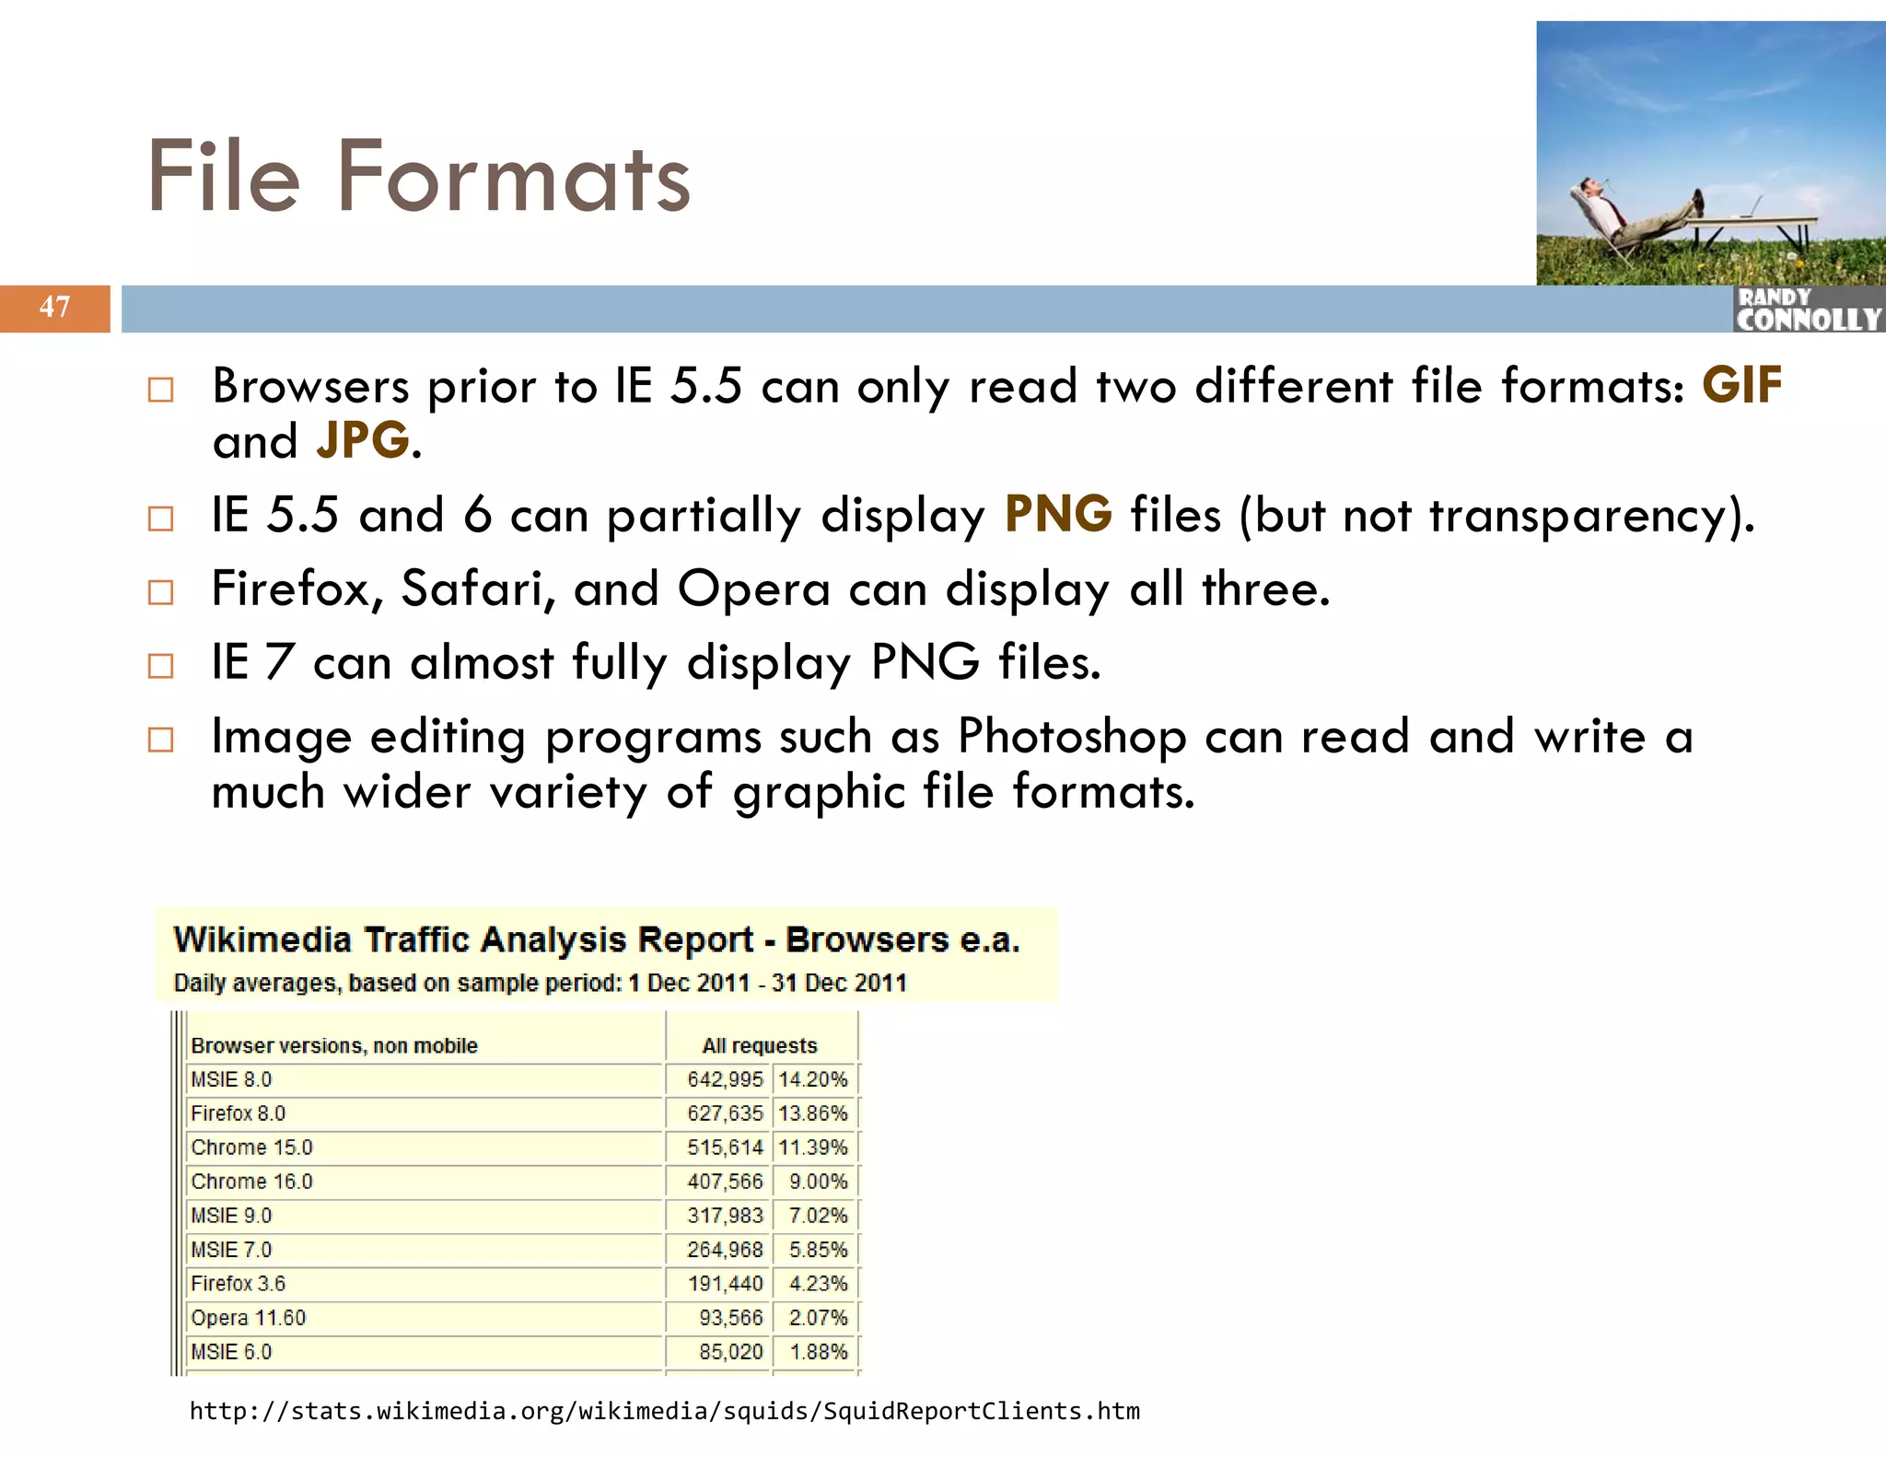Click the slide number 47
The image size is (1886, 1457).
[54, 307]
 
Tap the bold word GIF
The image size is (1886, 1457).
[1741, 385]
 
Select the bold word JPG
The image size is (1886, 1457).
[362, 440]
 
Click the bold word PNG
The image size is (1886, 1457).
[1058, 514]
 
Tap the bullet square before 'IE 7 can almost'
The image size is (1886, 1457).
[160, 665]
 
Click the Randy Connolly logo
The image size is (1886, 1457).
[1807, 309]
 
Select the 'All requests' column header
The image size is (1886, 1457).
[760, 1045]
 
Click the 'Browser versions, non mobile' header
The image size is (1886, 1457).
[334, 1045]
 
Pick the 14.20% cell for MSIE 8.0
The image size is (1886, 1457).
[812, 1079]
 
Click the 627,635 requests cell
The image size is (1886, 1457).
[725, 1113]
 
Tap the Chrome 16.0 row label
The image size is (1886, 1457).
[251, 1182]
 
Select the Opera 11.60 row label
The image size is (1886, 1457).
[248, 1318]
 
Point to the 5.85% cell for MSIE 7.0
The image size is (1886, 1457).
[818, 1250]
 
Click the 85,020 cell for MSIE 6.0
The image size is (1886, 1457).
[730, 1352]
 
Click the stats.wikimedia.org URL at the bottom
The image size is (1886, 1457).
[664, 1411]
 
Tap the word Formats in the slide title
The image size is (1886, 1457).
[513, 177]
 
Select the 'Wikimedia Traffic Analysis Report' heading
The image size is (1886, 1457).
[596, 940]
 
